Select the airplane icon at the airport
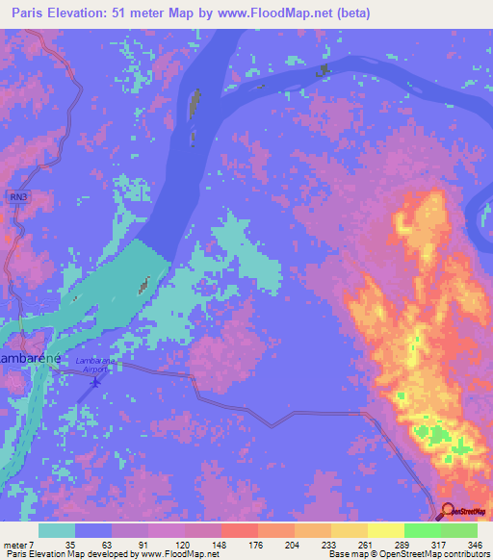[x=93, y=384]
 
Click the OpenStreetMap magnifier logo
[x=450, y=512]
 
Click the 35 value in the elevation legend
[x=68, y=544]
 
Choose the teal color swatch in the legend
[x=57, y=530]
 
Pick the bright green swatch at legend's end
[x=459, y=530]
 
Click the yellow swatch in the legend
[x=386, y=530]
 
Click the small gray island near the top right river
[x=323, y=69]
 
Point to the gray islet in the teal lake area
[x=144, y=284]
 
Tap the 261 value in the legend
[x=353, y=544]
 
